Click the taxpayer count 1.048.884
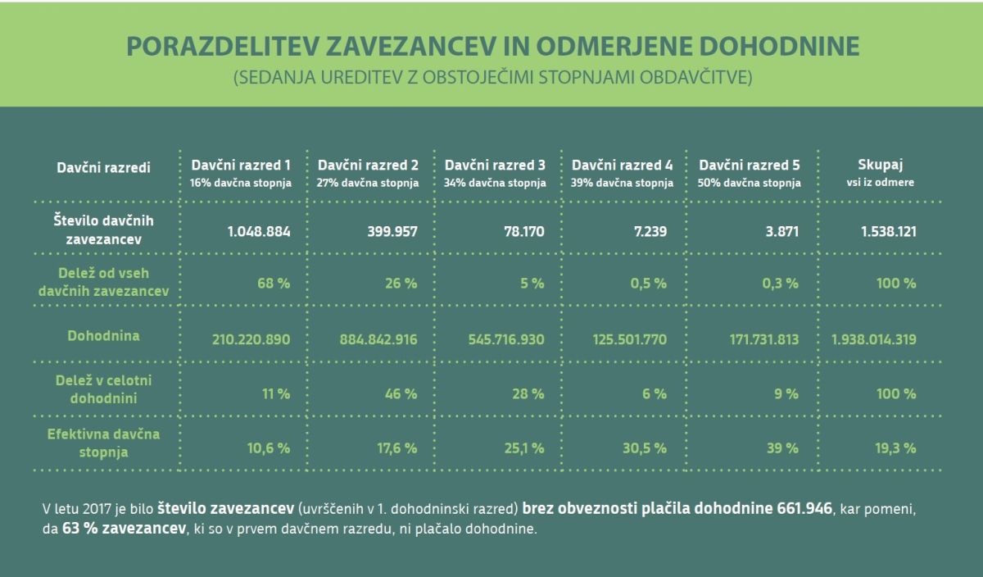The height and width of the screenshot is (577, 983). coord(259,232)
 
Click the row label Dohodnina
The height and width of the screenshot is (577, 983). coord(104,335)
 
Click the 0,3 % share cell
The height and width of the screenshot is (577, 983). coord(780,284)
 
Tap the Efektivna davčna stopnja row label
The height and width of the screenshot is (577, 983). coord(104,442)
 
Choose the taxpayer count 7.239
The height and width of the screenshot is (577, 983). coord(651,232)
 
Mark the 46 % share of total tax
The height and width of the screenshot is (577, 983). coord(401,393)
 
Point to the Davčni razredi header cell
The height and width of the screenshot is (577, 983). coord(104,168)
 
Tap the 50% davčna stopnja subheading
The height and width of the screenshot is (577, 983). coord(749,183)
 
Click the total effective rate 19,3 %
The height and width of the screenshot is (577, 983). coord(896,448)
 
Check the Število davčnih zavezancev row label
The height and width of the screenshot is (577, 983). coord(104,229)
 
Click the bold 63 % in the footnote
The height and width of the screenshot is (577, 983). coord(79,529)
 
